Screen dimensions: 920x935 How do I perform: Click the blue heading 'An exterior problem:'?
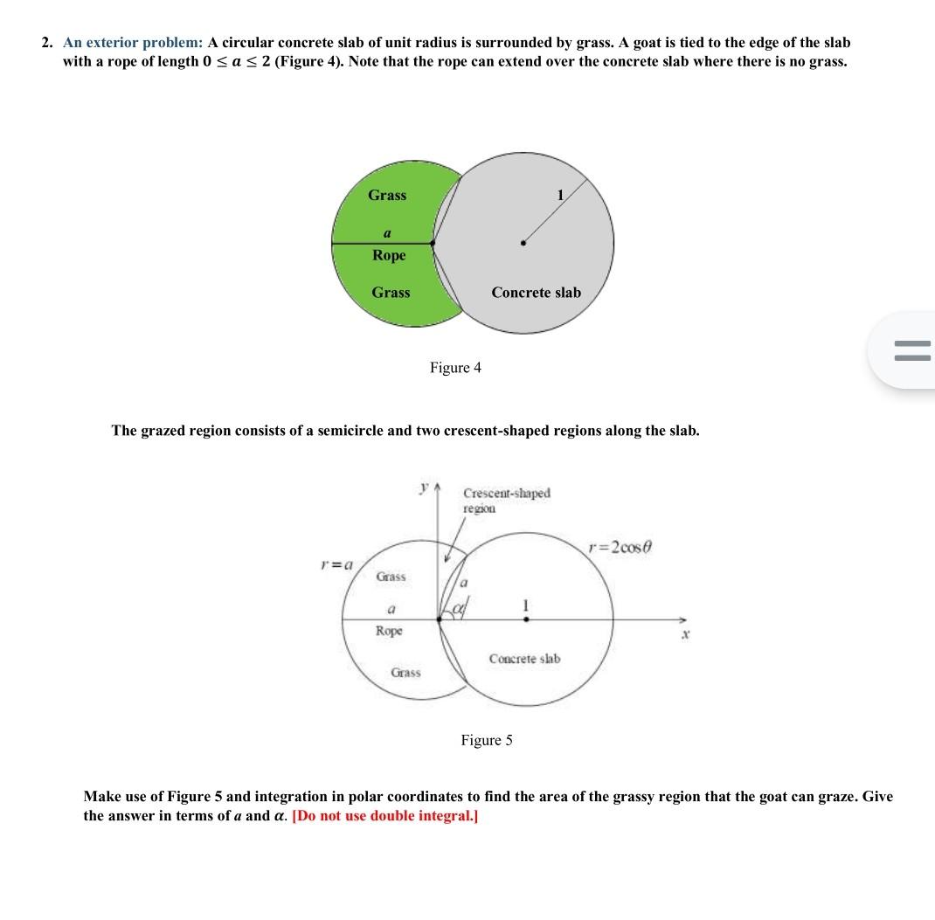point(133,43)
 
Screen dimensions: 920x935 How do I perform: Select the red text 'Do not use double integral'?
point(384,816)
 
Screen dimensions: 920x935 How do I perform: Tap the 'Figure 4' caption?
point(455,368)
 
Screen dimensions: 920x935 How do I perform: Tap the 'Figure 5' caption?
point(487,741)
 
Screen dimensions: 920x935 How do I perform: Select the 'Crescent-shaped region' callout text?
point(506,500)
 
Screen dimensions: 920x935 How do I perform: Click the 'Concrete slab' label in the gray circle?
point(536,293)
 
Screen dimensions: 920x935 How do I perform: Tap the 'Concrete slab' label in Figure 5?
point(524,658)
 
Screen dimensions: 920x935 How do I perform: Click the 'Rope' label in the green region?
point(389,255)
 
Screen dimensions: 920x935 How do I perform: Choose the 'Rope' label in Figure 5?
point(389,630)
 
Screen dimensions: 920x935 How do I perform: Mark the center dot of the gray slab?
point(523,244)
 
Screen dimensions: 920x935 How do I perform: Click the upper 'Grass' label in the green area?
point(387,196)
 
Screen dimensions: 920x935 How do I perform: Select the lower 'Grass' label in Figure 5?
point(405,673)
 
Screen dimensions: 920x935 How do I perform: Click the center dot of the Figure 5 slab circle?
point(525,619)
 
